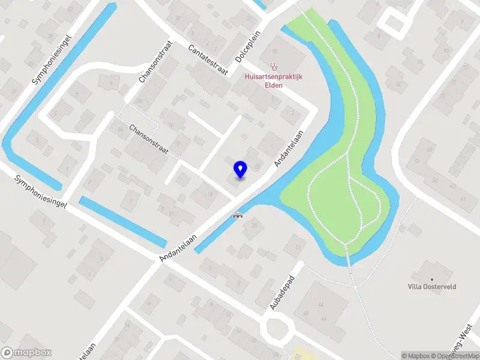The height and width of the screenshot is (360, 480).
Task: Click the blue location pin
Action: (x=241, y=169)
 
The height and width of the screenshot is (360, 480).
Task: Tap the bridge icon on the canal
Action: (x=238, y=215)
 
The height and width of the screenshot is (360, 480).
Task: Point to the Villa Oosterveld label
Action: (x=433, y=287)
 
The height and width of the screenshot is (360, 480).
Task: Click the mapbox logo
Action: (x=26, y=353)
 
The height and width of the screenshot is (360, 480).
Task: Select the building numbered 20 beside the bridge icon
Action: (x=254, y=226)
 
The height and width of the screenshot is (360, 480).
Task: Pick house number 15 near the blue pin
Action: (x=209, y=194)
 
